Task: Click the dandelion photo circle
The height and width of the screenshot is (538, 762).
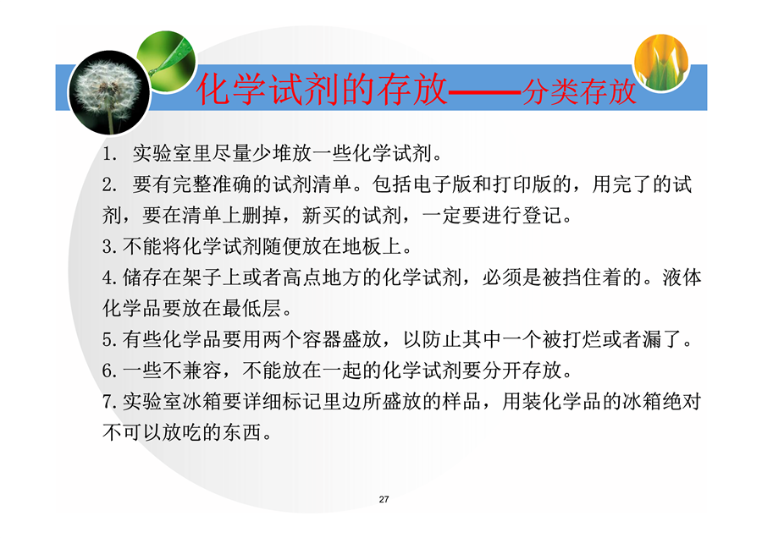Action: coord(109,92)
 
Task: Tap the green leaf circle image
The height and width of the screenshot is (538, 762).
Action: coord(167,61)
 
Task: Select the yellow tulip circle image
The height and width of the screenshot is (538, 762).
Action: coord(661,62)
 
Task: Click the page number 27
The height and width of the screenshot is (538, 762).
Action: coord(384,499)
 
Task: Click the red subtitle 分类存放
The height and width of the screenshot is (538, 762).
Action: coord(579,91)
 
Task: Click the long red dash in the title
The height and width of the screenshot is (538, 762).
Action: coord(484,91)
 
